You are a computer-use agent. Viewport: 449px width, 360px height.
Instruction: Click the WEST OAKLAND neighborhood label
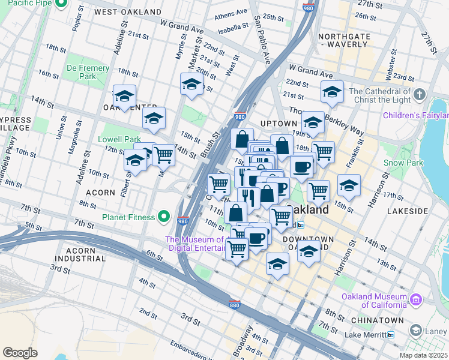(128, 12)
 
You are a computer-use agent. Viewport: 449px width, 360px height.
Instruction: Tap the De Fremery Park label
(88, 72)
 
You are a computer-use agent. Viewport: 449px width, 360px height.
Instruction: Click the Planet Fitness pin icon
(163, 217)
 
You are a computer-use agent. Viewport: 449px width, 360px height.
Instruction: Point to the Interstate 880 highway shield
(235, 304)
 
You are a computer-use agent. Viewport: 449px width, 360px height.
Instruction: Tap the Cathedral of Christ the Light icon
(420, 94)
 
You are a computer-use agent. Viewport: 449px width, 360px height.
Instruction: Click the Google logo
(20, 353)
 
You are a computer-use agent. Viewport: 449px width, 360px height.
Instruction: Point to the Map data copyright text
(423, 355)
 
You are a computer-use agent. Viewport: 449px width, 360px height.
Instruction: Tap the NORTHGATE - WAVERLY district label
(344, 40)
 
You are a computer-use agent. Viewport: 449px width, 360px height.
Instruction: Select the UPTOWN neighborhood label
(279, 123)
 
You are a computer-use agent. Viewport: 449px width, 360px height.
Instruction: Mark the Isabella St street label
(234, 26)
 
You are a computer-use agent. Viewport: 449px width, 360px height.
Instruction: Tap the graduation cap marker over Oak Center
(124, 96)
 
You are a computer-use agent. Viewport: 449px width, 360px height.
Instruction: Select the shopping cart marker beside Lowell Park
(163, 155)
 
